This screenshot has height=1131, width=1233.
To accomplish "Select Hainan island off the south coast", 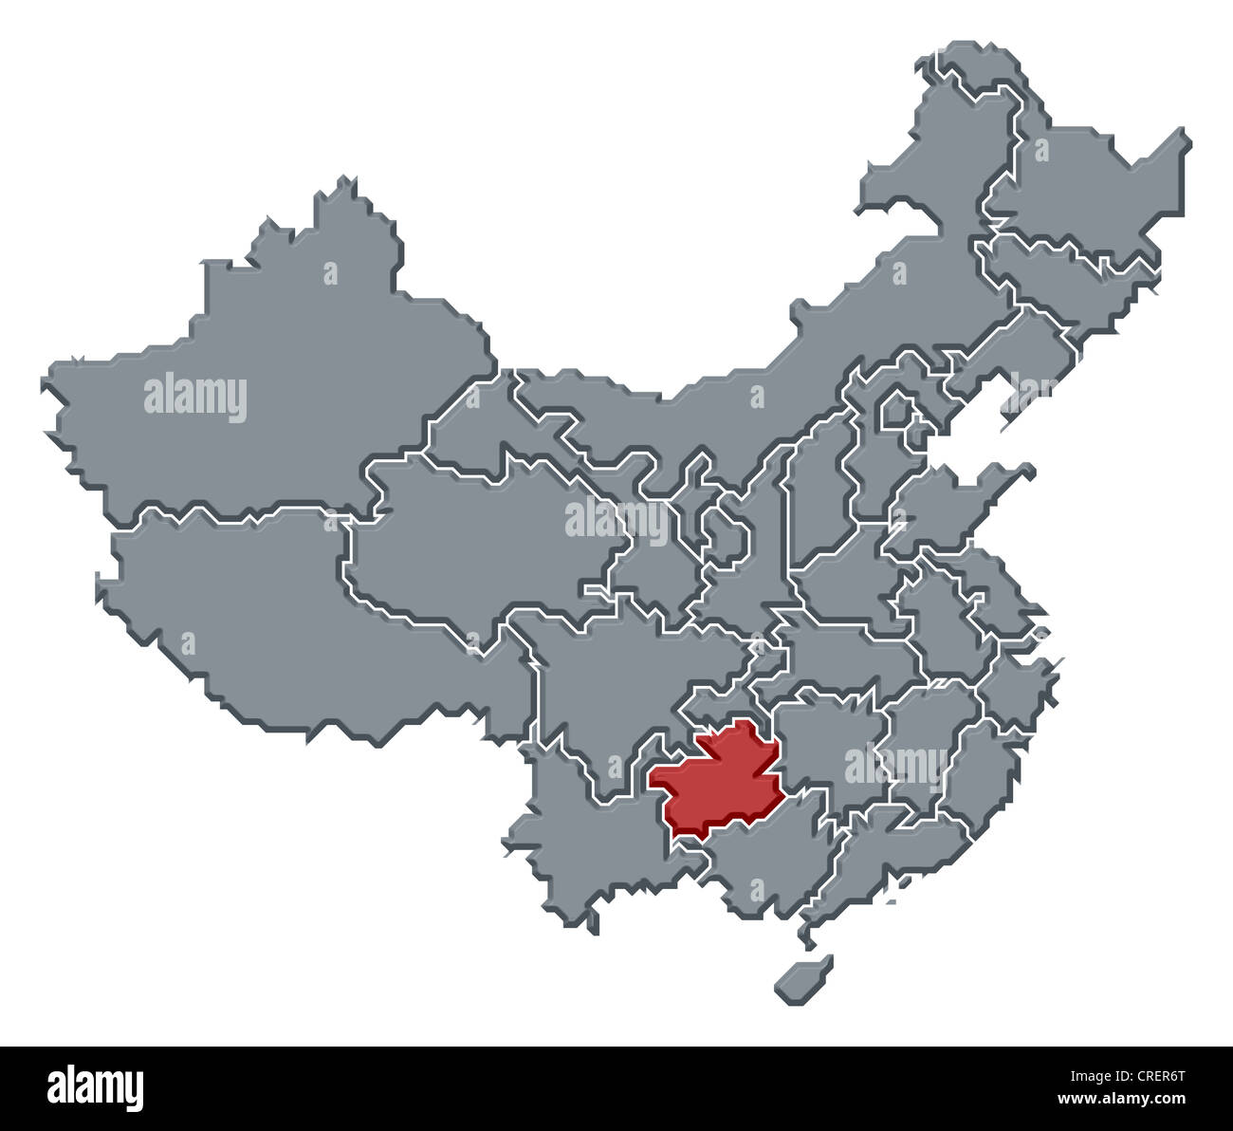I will point(803,977).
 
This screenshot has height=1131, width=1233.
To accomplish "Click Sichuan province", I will point(616,664).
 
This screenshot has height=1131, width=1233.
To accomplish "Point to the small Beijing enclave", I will point(894,410).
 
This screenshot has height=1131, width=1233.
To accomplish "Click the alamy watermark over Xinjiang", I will point(195,398).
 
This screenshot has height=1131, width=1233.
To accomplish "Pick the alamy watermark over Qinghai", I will point(616,520).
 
